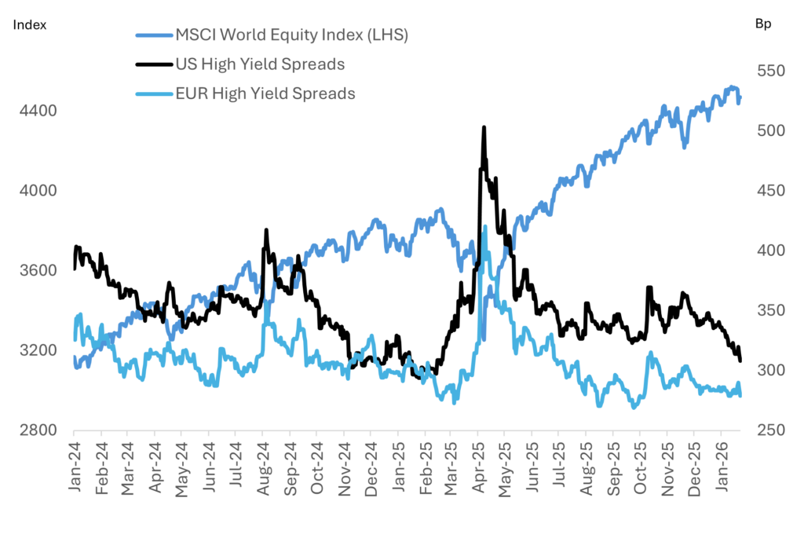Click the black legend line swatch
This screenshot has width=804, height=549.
coord(156,64)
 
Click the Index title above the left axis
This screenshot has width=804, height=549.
coord(30,24)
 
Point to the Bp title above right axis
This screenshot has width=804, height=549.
coord(762,24)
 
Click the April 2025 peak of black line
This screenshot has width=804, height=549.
coord(484,127)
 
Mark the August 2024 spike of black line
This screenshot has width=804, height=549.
coord(267,230)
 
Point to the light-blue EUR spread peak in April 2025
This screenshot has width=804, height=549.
coord(485,227)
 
